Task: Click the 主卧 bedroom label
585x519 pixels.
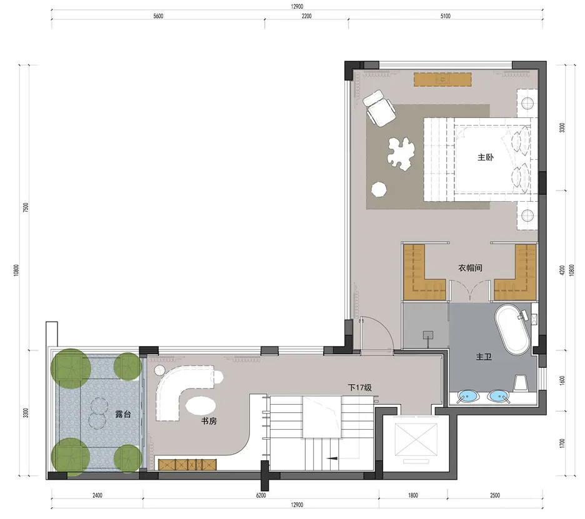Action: click(485, 158)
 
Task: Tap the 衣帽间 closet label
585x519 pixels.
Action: click(470, 268)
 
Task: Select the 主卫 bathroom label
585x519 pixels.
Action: click(484, 357)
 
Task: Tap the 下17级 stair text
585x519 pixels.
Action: click(360, 388)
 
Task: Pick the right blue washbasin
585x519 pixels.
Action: click(498, 396)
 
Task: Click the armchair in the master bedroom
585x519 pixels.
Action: click(380, 107)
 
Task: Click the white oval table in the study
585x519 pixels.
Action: click(204, 405)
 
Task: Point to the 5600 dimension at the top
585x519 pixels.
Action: click(157, 17)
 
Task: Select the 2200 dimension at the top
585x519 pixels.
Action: click(306, 17)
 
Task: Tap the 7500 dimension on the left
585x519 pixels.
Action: click(26, 208)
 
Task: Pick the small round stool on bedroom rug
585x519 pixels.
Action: click(379, 188)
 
